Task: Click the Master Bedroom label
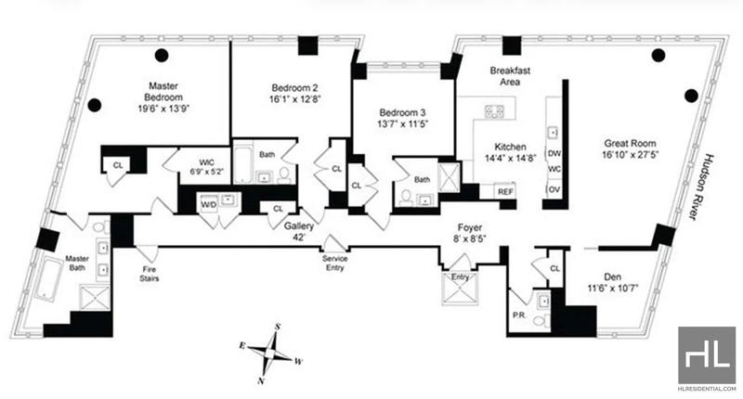click(163, 91)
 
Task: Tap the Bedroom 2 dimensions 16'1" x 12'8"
click(294, 99)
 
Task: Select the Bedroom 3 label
click(402, 112)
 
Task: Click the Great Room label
click(630, 143)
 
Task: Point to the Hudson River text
click(700, 187)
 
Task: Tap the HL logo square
click(707, 355)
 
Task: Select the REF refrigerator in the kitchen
click(505, 191)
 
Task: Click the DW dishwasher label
click(554, 154)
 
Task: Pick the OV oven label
click(554, 190)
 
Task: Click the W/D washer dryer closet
click(209, 204)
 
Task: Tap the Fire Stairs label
click(149, 274)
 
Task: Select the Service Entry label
click(334, 264)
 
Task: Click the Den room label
click(612, 277)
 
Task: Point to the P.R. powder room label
click(519, 315)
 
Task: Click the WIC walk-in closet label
click(206, 162)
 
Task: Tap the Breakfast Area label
click(510, 76)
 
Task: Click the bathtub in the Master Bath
click(49, 278)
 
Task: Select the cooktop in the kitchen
click(494, 111)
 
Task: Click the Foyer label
click(470, 227)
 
